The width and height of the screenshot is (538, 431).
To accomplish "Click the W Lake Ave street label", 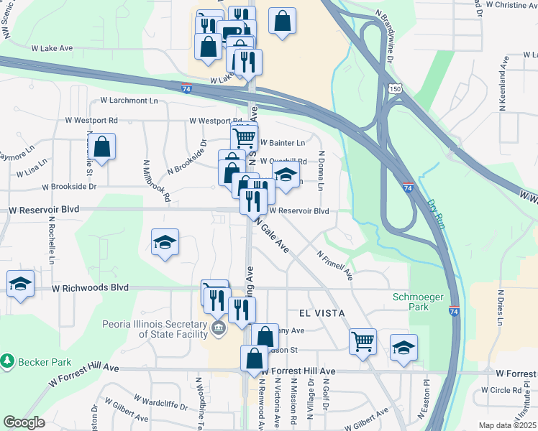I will point(52,48).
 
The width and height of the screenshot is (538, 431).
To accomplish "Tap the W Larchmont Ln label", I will point(129,101).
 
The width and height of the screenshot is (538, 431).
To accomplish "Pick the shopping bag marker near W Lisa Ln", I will point(104,147).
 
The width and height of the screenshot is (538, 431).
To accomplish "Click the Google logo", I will point(24,422).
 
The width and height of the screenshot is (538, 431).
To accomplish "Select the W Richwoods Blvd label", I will point(90,287).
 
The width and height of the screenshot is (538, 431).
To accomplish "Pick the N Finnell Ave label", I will point(334,264).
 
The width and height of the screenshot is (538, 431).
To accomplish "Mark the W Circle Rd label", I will point(501,391).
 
